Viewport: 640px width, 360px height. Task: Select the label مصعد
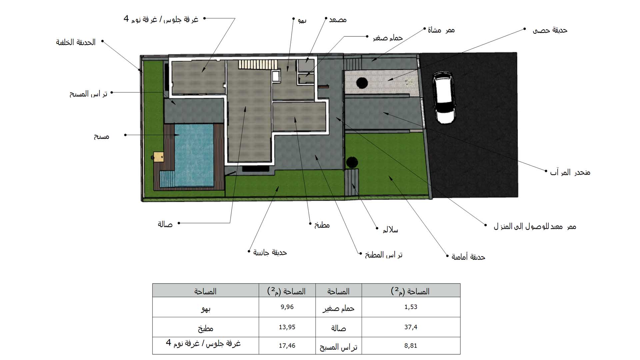338,20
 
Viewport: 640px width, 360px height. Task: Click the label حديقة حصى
550,30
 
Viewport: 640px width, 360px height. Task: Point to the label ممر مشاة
441,30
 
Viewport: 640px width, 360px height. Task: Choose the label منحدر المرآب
570,172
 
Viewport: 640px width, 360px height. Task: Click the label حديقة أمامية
468,257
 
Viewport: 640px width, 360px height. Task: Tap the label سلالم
390,230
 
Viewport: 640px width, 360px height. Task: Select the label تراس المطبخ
384,255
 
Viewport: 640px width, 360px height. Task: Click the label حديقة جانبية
270,252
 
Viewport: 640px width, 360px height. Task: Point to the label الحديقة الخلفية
76,42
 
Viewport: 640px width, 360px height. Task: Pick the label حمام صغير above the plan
388,38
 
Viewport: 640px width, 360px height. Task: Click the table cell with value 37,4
411,327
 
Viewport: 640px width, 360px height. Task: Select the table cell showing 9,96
287,307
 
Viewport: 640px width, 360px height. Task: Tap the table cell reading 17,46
287,346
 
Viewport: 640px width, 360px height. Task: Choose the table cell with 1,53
411,307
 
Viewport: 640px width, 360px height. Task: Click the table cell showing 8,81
411,346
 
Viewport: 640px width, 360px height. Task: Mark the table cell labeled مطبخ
206,327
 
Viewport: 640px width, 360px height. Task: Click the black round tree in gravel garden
362,83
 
